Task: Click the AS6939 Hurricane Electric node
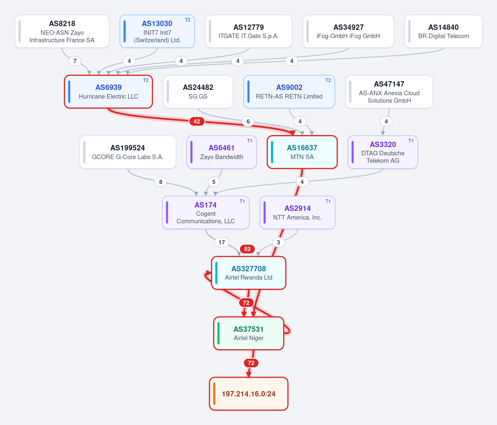(109, 92)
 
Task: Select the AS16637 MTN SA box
(302, 152)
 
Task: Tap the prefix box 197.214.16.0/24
(249, 394)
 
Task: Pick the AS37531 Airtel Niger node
(249, 333)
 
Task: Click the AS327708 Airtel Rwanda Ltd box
(249, 273)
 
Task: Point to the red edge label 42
(196, 121)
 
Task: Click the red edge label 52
(247, 249)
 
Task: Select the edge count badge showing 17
(222, 242)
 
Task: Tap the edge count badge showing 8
(161, 182)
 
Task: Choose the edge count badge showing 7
(75, 61)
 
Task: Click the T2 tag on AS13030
(188, 19)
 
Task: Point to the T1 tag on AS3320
(411, 140)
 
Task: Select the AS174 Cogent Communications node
(206, 212)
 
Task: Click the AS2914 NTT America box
(297, 212)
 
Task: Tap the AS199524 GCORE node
(128, 152)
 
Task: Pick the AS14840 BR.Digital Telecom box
(444, 31)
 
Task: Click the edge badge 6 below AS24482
(248, 121)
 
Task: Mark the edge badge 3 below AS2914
(278, 242)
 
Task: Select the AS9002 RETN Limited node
(289, 92)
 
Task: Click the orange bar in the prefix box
(214, 394)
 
